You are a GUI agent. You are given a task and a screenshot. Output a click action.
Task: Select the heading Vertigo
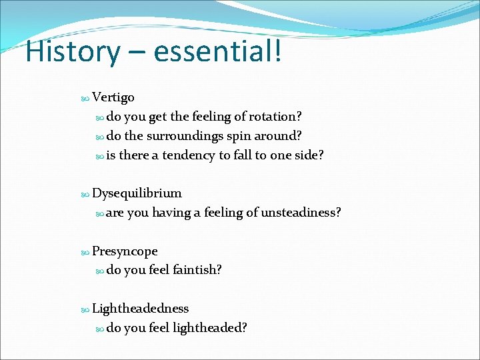pyautogui.click(x=113, y=97)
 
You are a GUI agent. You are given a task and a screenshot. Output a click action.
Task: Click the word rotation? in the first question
pyautogui.click(x=276, y=117)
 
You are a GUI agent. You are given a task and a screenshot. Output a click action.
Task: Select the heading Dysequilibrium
pyautogui.click(x=137, y=193)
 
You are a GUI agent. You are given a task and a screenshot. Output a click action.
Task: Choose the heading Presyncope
pyautogui.click(x=125, y=251)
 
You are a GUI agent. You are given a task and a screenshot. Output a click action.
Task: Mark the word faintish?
pyautogui.click(x=197, y=270)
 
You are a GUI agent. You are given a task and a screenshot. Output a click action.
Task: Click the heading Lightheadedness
pyautogui.click(x=140, y=309)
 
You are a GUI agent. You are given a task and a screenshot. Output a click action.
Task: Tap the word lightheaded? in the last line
pyautogui.click(x=210, y=328)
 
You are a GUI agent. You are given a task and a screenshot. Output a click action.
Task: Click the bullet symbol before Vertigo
pyautogui.click(x=85, y=98)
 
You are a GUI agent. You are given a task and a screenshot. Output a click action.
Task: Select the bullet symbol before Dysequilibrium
pyautogui.click(x=85, y=194)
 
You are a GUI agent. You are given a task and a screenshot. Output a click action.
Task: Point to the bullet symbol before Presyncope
pyautogui.click(x=85, y=252)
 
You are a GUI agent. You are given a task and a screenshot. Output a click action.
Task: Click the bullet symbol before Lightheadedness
pyautogui.click(x=85, y=309)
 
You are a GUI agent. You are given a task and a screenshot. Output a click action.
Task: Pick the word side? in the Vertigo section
pyautogui.click(x=309, y=155)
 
